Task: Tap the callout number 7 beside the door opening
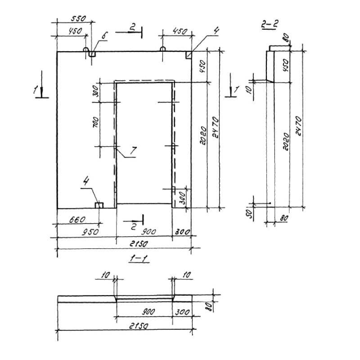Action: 133,152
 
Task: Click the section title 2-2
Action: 269,25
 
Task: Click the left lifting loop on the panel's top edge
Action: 86,49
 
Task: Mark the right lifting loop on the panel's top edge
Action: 162,49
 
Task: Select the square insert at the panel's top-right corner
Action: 188,54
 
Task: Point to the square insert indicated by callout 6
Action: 92,54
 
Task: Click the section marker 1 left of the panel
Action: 36,90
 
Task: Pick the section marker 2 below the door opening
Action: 134,227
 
